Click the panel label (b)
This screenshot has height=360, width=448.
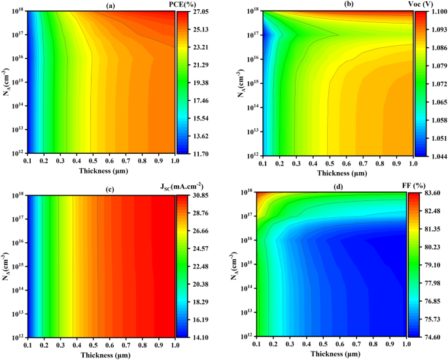[x=340, y=5]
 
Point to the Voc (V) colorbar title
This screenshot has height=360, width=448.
[x=429, y=5]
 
